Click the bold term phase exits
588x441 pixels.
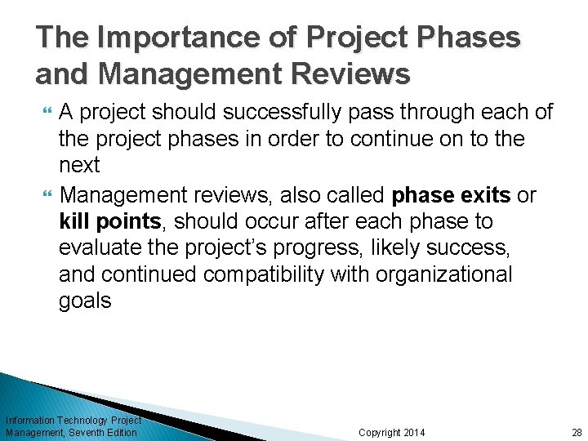pos(452,196)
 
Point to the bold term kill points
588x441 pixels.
pos(109,222)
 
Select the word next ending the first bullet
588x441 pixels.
pos(79,165)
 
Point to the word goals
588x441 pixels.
pos(85,301)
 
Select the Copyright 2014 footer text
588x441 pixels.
pos(392,432)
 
